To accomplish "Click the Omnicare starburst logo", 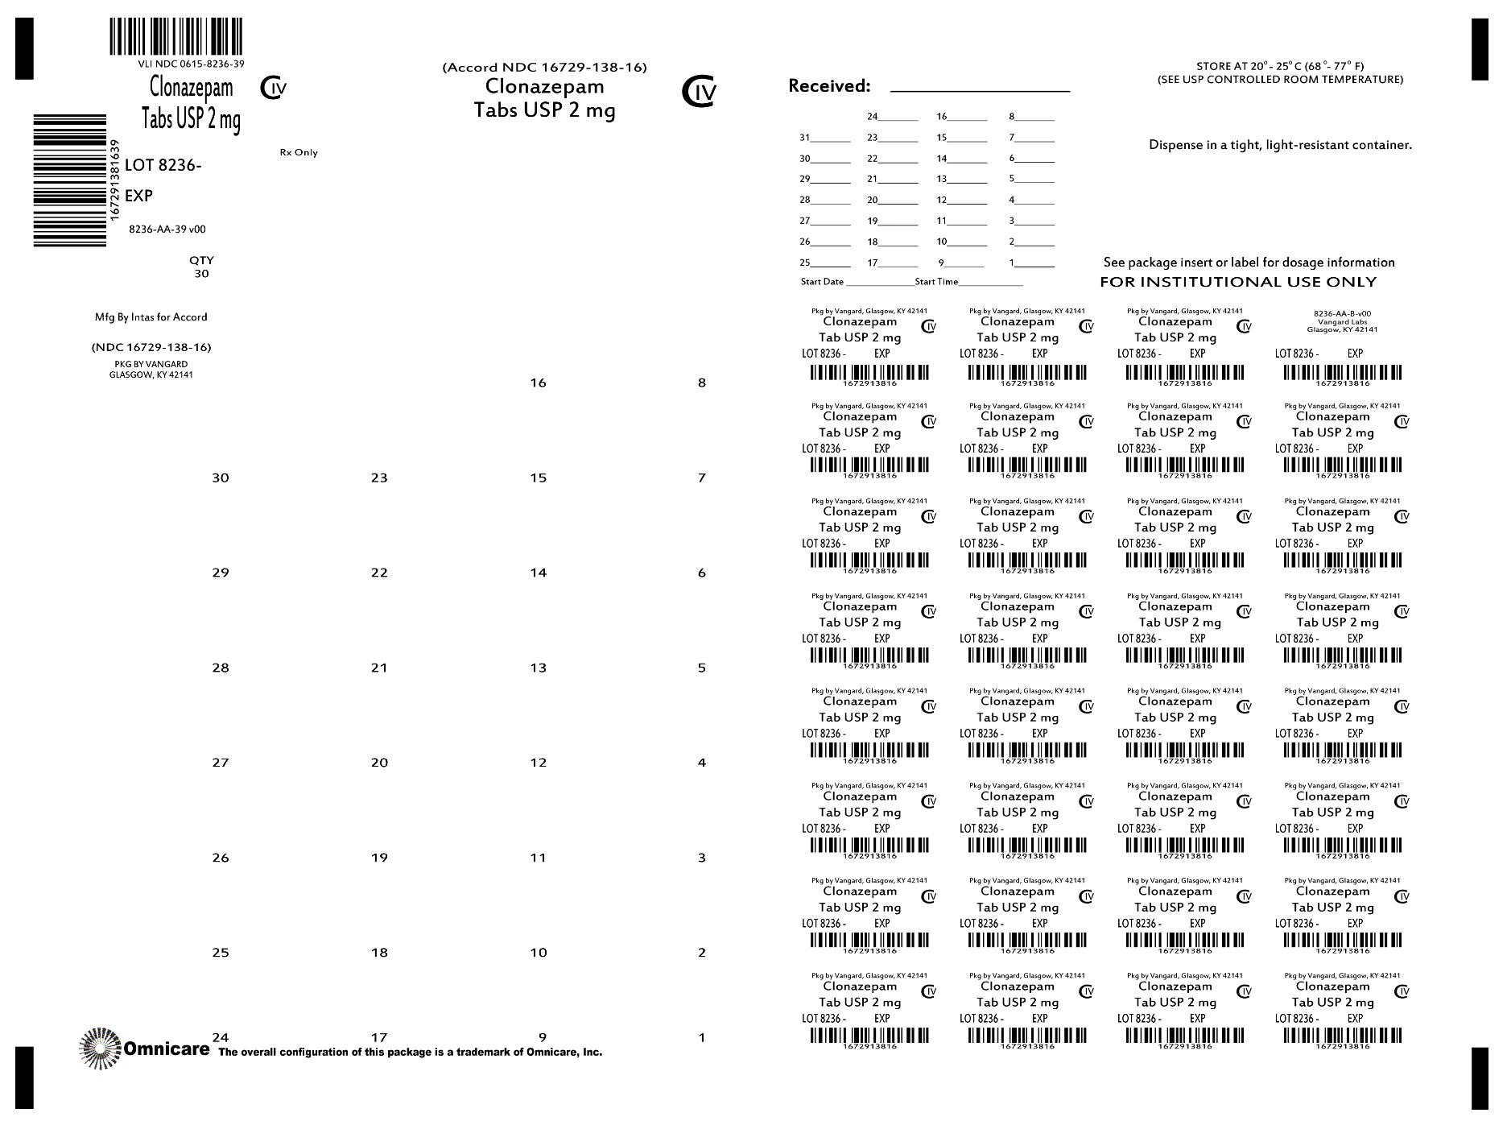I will pos(100,1048).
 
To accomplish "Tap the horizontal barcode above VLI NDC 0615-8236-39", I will pos(175,36).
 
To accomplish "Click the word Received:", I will pos(829,86).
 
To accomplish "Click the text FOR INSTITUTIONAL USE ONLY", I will pos(1238,282).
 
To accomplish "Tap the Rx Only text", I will pos(299,152).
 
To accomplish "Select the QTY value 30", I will pos(201,274).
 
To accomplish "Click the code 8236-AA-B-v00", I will pos(1342,313).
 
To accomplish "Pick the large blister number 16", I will pos(539,383).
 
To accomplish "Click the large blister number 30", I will pos(221,478).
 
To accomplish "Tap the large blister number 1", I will pos(701,1037).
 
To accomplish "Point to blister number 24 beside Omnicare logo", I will pos(221,1036).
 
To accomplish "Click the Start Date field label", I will pos(822,282).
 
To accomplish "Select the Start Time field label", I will pos(936,282).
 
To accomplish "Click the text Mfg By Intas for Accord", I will pos(151,317).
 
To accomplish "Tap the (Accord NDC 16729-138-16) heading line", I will pos(544,68).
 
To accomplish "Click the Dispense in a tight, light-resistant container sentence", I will pos(1280,146).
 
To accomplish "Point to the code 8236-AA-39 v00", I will pos(167,230).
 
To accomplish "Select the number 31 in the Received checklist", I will pos(805,138).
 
